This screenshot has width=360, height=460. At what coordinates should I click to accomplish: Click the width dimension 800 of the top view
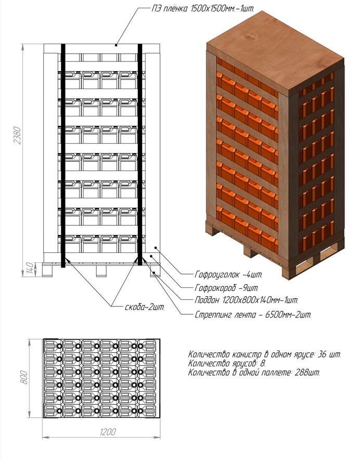point(23,375)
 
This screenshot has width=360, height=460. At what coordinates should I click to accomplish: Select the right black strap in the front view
point(140,156)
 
